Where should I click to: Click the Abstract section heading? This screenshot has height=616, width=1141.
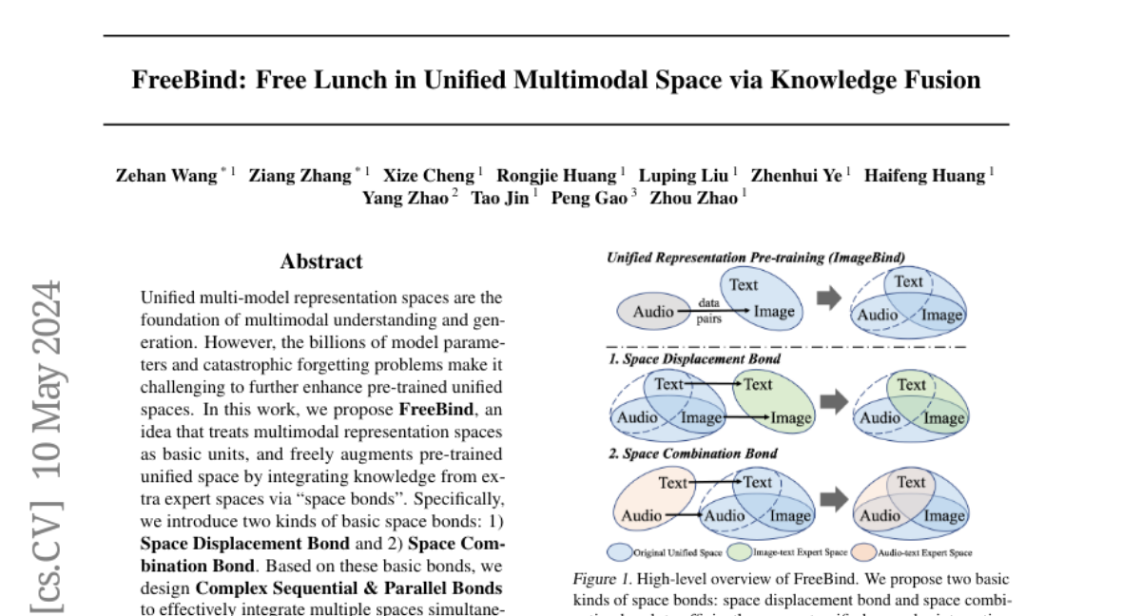(321, 261)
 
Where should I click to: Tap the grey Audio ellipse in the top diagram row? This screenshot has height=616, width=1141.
(652, 311)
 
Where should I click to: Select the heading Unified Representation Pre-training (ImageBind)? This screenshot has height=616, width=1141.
(755, 257)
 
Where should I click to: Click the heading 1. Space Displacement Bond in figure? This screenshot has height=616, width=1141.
(694, 359)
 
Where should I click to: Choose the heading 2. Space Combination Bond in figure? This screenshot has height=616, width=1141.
(693, 453)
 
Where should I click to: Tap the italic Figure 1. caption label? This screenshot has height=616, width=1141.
(600, 579)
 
